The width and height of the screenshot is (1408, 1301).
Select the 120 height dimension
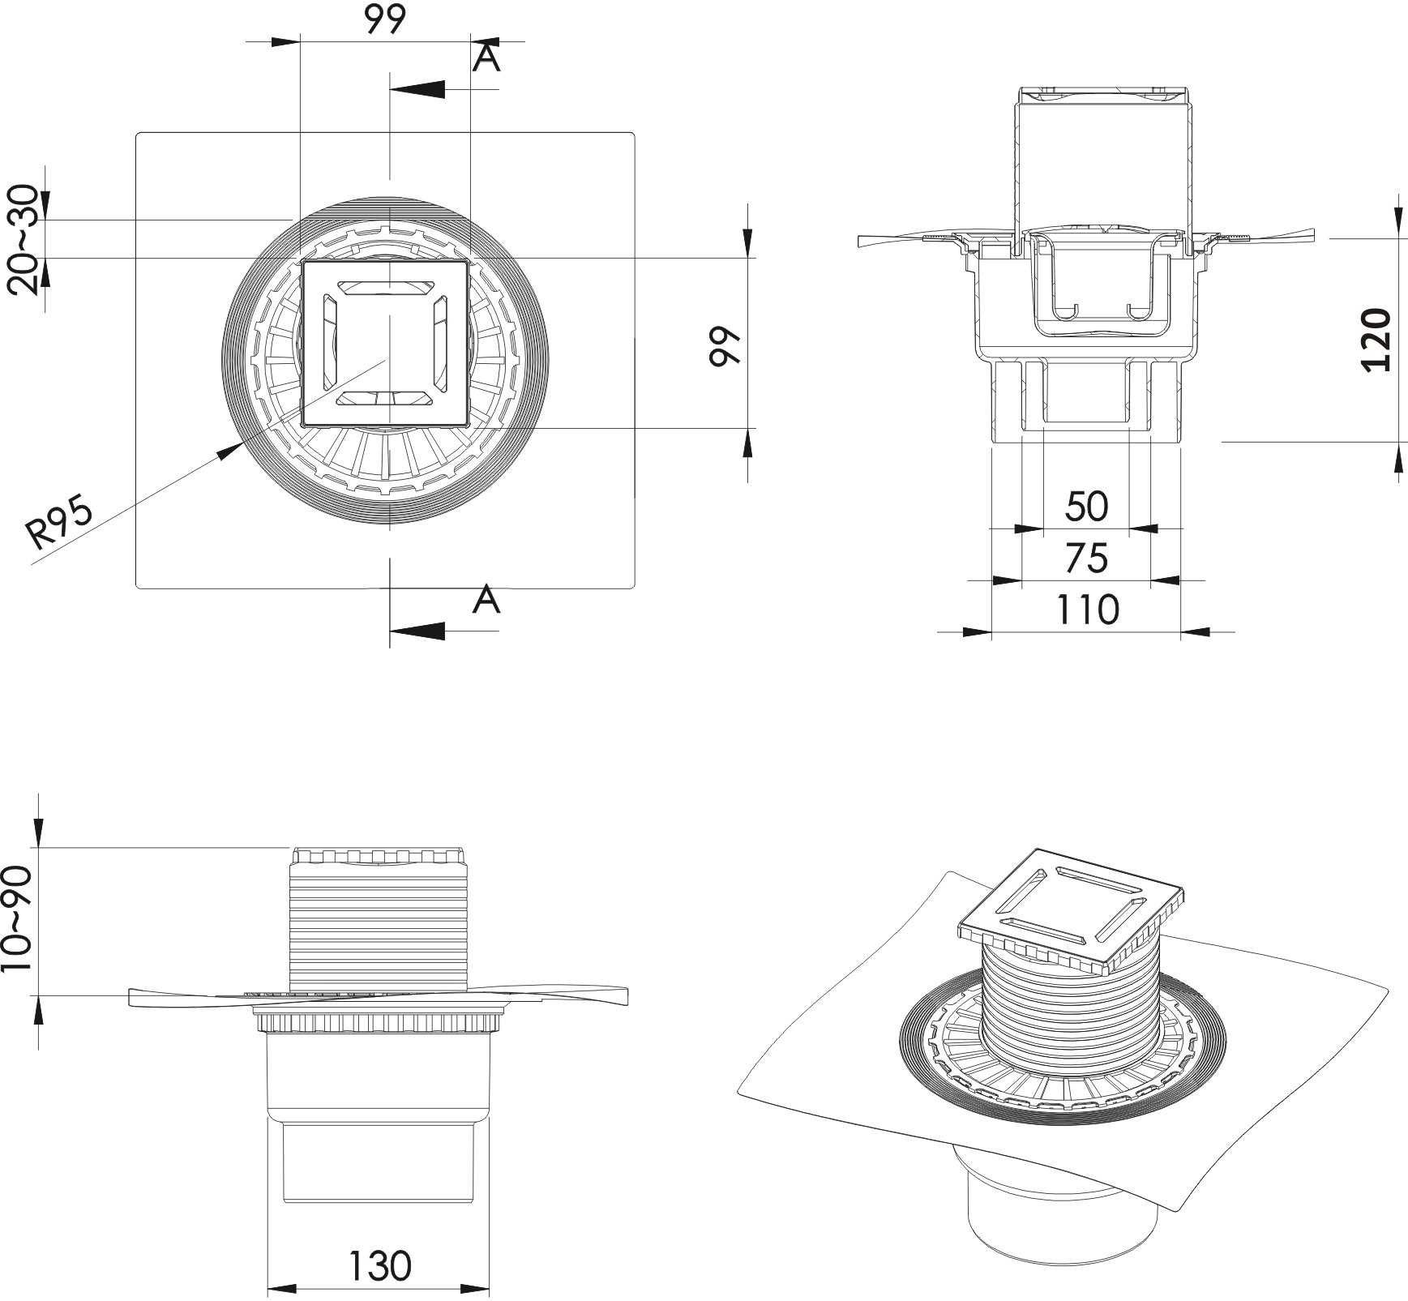(1375, 339)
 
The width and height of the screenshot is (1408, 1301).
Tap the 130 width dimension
(380, 1265)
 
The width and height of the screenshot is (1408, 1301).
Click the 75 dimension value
(1085, 558)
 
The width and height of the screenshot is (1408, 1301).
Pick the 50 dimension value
(1085, 507)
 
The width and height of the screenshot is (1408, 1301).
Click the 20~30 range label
(22, 240)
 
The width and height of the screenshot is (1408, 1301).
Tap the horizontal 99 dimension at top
(384, 20)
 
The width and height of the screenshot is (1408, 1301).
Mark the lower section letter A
(486, 600)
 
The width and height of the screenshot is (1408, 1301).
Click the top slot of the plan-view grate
(386, 288)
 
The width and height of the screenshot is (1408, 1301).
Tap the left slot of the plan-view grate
(331, 343)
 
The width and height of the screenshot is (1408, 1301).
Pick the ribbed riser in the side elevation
(379, 924)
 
